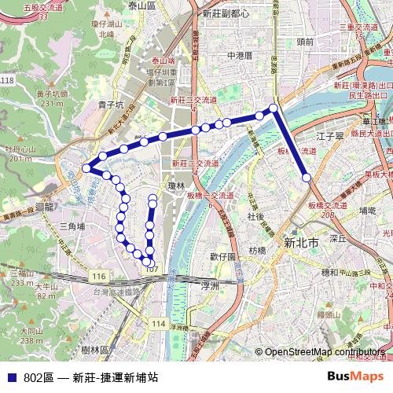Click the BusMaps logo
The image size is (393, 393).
pyautogui.click(x=356, y=376)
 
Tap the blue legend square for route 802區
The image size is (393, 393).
pyautogui.click(x=12, y=377)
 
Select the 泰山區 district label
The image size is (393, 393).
pyautogui.click(x=143, y=6)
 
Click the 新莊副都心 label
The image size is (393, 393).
pyautogui.click(x=226, y=13)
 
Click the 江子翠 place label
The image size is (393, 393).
pyautogui.click(x=330, y=136)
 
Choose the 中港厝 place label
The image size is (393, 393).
pyautogui.click(x=238, y=56)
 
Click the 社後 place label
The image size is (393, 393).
pyautogui.click(x=256, y=215)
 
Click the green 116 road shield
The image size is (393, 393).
pyautogui.click(x=98, y=277)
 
